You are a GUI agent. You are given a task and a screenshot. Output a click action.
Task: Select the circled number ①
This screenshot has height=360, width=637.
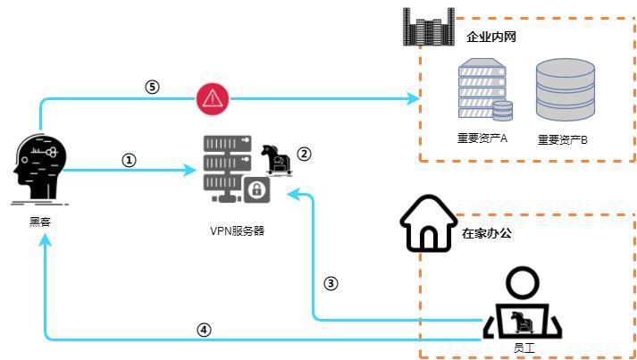pyautogui.click(x=129, y=160)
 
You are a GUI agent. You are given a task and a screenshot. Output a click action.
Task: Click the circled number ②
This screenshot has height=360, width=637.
pyautogui.click(x=304, y=154)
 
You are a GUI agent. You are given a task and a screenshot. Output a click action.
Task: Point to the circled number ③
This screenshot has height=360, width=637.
pyautogui.click(x=331, y=283)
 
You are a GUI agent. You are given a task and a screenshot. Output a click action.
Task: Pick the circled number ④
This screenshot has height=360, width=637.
pyautogui.click(x=205, y=329)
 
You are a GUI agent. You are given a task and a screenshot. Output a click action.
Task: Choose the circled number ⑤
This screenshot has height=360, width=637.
pyautogui.click(x=152, y=87)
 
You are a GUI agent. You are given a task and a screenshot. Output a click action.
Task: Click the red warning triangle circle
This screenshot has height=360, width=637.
pyautogui.click(x=212, y=98)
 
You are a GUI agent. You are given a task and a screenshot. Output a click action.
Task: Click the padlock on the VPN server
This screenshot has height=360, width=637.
pyautogui.click(x=256, y=189)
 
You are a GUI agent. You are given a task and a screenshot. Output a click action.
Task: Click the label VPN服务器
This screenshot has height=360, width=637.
pyautogui.click(x=237, y=230)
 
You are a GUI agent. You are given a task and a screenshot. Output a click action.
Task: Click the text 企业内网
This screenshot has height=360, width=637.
pyautogui.click(x=491, y=38)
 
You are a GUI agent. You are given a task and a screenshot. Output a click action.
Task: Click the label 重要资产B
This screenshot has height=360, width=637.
pyautogui.click(x=562, y=139)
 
